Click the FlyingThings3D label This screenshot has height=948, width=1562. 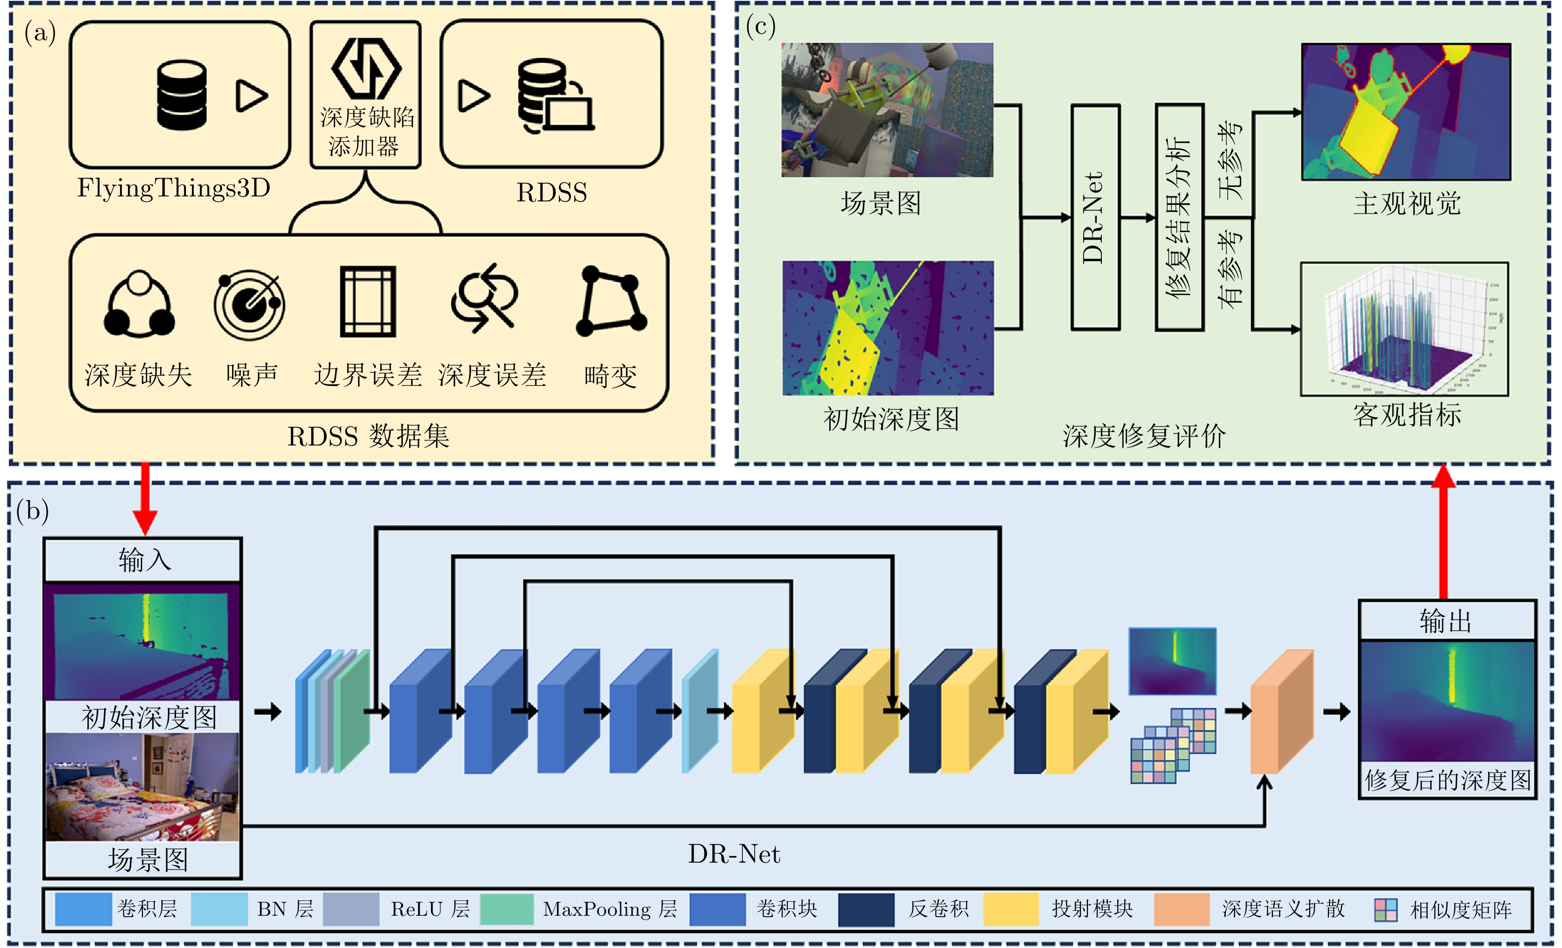[173, 189]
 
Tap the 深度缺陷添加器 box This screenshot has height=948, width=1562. [366, 95]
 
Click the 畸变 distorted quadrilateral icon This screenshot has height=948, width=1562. [611, 301]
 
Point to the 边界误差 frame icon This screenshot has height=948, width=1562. [367, 302]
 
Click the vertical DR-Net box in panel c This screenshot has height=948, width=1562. [1095, 217]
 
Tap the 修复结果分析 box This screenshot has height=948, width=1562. [1179, 217]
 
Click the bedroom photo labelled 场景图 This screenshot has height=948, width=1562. [143, 787]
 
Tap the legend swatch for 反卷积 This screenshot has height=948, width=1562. [865, 909]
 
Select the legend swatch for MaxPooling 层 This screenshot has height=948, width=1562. [506, 909]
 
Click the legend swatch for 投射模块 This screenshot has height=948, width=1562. [1011, 909]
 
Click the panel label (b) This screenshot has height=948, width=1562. [33, 511]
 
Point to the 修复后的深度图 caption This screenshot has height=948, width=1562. [1447, 780]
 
